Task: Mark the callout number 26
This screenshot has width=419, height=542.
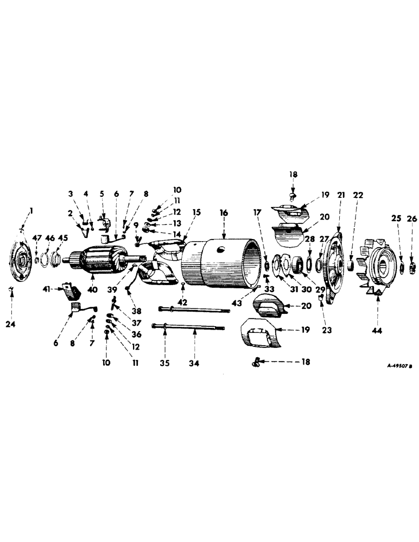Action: [412, 219]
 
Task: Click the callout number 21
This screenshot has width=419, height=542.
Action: [340, 194]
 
